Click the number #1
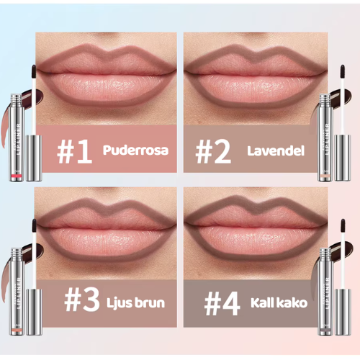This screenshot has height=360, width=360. pos(76,152)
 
